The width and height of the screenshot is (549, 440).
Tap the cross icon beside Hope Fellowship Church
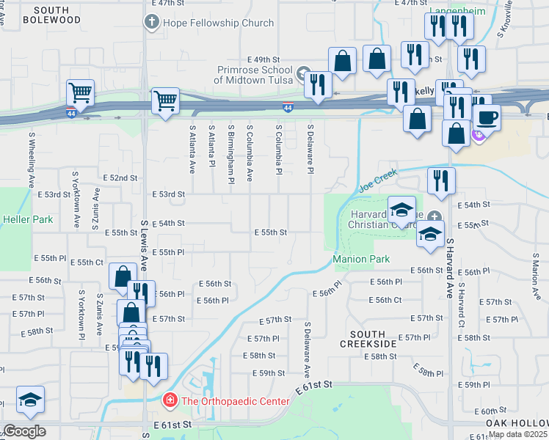click(x=152, y=22)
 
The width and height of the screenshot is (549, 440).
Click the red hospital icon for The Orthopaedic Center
click(x=170, y=401)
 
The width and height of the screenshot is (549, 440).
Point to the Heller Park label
click(x=18, y=219)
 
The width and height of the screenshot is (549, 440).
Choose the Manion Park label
click(x=360, y=259)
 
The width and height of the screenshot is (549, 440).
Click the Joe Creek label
click(x=377, y=180)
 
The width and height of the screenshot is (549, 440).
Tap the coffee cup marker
click(x=487, y=117)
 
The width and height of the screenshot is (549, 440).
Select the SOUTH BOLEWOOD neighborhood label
click(x=51, y=15)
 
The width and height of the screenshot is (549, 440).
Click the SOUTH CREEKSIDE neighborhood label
click(x=368, y=338)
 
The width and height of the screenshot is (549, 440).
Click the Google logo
click(x=23, y=431)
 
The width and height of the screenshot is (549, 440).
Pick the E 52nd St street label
click(x=120, y=178)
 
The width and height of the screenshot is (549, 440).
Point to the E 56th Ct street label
click(x=388, y=300)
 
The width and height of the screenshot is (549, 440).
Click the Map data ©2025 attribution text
click(x=517, y=434)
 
